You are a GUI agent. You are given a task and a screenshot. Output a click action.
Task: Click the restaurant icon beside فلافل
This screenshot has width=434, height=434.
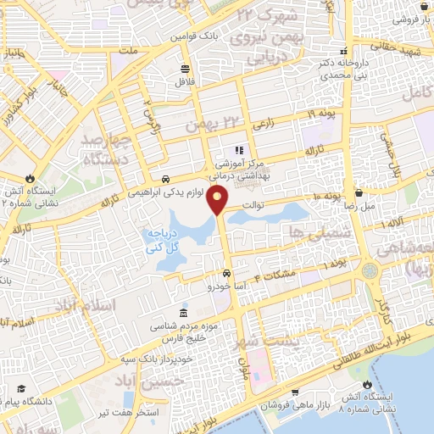tap(185, 70)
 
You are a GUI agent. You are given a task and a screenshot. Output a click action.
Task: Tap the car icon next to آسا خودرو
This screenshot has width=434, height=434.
tap(227, 274)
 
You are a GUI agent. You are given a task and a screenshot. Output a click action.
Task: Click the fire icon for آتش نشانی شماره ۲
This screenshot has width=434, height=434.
tap(31, 179)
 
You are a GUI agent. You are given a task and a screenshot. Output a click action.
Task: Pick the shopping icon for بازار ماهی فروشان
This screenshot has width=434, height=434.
tap(294, 392)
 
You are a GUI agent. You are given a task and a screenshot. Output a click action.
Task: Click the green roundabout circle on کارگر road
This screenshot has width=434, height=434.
tap(370, 271)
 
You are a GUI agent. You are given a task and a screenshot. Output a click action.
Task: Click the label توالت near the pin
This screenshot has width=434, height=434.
tap(255, 203)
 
